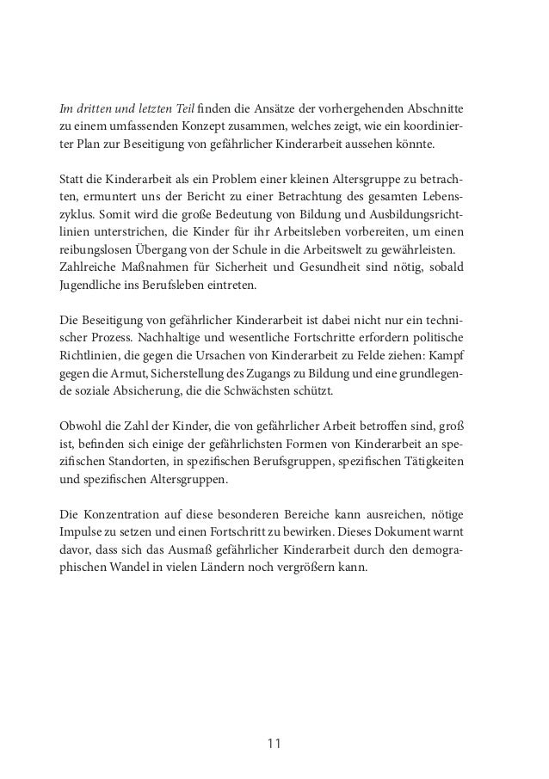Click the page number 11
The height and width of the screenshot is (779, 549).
pos(274,743)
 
